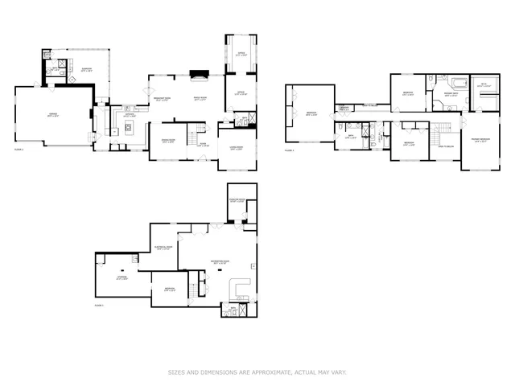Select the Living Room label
click(237, 149)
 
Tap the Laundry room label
click(344, 108)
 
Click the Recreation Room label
click(213, 261)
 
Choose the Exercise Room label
click(237, 201)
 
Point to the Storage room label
click(122, 278)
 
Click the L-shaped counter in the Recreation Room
click(241, 289)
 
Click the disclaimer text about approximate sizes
click(257, 372)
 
